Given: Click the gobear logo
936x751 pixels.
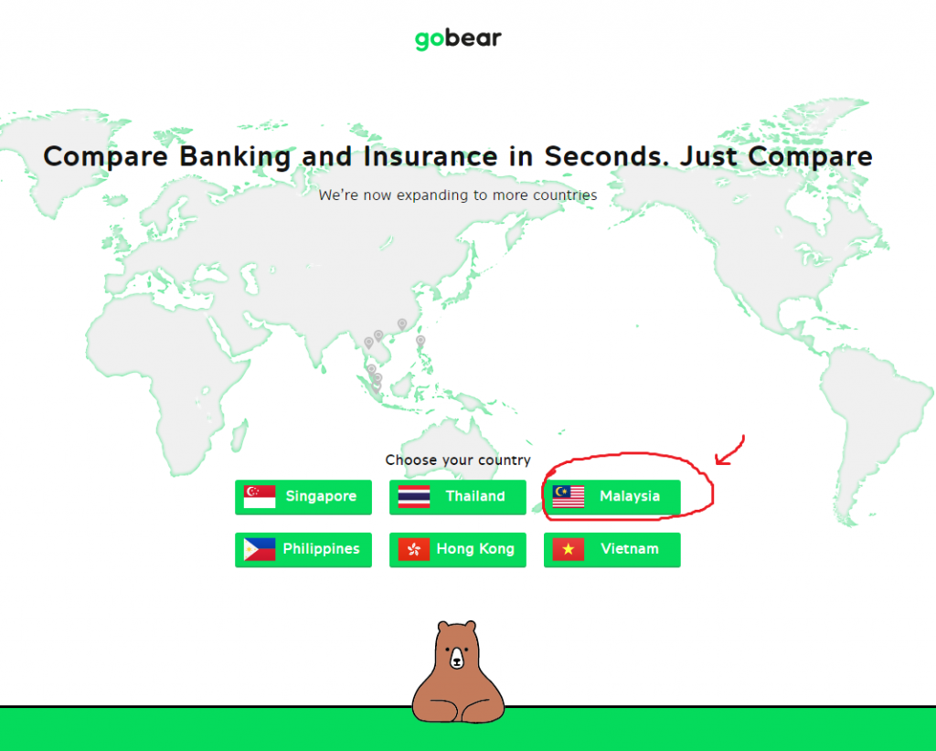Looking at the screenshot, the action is (x=458, y=38).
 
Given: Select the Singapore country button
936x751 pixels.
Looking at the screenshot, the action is (x=303, y=497).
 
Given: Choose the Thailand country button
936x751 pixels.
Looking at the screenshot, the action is (x=458, y=497).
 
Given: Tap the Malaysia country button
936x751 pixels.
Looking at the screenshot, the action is (x=612, y=497).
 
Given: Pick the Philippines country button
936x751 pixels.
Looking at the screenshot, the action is (x=303, y=549).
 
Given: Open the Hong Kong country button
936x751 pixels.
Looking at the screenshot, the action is (x=458, y=549).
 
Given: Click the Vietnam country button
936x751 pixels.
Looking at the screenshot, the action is (x=612, y=549).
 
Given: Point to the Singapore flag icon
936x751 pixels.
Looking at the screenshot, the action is (x=260, y=496).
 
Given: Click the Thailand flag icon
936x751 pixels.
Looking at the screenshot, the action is (x=414, y=496).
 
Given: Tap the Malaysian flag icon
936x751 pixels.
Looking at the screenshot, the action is (x=569, y=496).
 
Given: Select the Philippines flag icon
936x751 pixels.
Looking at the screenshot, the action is (x=260, y=549).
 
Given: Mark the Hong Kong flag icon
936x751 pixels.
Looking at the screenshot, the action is (x=414, y=549).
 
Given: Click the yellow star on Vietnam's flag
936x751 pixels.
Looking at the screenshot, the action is (x=569, y=549).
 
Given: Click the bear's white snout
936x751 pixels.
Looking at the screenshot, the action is (x=457, y=659).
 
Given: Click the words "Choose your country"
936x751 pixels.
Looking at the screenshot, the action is (x=458, y=460).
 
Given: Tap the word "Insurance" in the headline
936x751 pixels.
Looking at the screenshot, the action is (x=431, y=156).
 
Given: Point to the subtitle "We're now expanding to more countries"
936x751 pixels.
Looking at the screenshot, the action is (x=458, y=195).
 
